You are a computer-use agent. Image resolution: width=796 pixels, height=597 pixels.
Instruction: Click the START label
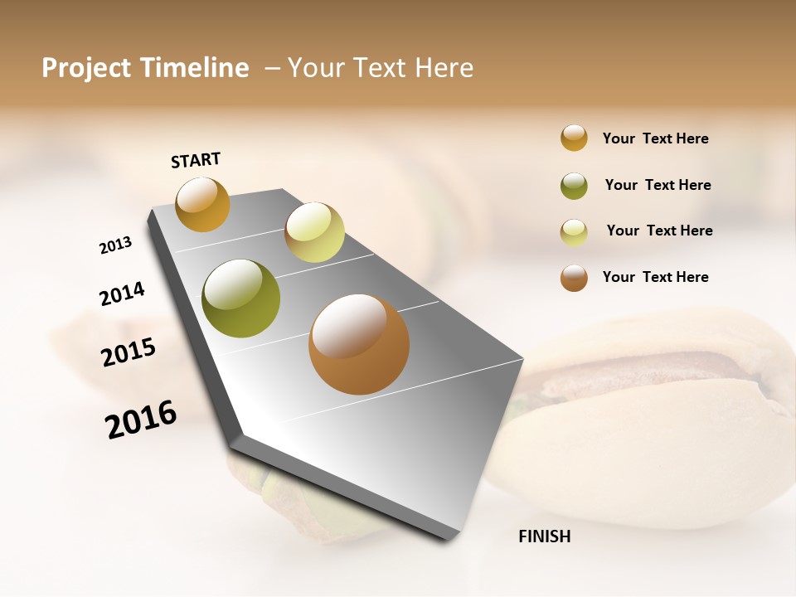point(196,160)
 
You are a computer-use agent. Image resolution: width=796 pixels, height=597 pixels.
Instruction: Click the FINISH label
point(544,536)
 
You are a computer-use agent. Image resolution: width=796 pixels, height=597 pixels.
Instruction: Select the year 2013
point(115,245)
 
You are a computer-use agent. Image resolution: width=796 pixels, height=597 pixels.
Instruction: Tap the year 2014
point(122,294)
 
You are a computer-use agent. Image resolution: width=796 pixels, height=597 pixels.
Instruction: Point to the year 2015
point(129,352)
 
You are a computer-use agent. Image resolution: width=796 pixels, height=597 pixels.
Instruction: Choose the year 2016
point(141,420)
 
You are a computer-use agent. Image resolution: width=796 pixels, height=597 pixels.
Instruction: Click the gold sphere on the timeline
point(202,204)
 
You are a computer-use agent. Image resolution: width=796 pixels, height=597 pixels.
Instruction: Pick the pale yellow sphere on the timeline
point(314,232)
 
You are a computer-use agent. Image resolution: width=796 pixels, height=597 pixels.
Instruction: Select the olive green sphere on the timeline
point(240,298)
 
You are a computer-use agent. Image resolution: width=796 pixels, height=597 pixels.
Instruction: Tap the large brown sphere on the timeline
point(359,344)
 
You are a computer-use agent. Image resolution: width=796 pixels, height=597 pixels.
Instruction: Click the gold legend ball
point(574,138)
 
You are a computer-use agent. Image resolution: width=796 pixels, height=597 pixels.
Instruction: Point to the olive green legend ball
point(574,186)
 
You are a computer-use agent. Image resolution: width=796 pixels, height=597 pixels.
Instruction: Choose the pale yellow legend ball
point(574,232)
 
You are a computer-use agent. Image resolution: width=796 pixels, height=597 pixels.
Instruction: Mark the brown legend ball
point(574,278)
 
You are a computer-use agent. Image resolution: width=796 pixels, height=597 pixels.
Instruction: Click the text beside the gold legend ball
point(655,138)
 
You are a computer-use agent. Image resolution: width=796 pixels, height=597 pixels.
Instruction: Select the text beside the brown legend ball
point(655,277)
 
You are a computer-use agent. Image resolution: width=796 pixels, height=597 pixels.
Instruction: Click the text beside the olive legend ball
point(658,185)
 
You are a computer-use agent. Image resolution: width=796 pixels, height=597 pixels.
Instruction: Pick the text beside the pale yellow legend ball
point(659,231)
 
